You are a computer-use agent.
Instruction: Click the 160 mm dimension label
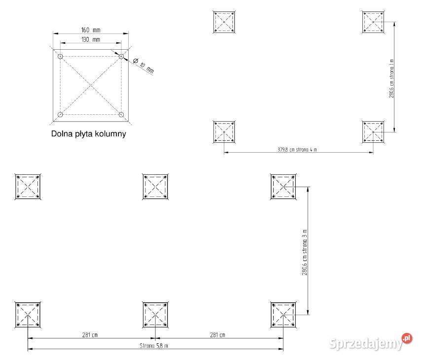click(x=89, y=30)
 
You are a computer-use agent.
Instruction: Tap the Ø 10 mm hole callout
click(x=143, y=65)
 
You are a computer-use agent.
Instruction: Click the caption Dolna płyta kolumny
click(x=88, y=133)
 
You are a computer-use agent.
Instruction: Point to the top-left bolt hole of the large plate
click(x=60, y=57)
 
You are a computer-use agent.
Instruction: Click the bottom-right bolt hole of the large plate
click(x=121, y=115)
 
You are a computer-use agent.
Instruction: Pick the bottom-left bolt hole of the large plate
click(x=60, y=115)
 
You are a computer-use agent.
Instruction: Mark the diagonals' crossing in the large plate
click(x=91, y=86)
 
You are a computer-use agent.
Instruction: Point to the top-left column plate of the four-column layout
click(x=225, y=22)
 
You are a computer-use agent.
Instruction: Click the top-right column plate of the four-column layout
click(x=373, y=22)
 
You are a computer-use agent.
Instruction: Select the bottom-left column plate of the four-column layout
click(x=225, y=132)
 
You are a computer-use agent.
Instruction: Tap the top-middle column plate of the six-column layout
click(x=155, y=186)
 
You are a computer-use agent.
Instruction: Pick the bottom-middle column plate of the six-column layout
click(x=155, y=315)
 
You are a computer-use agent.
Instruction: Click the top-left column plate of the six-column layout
click(x=28, y=186)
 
